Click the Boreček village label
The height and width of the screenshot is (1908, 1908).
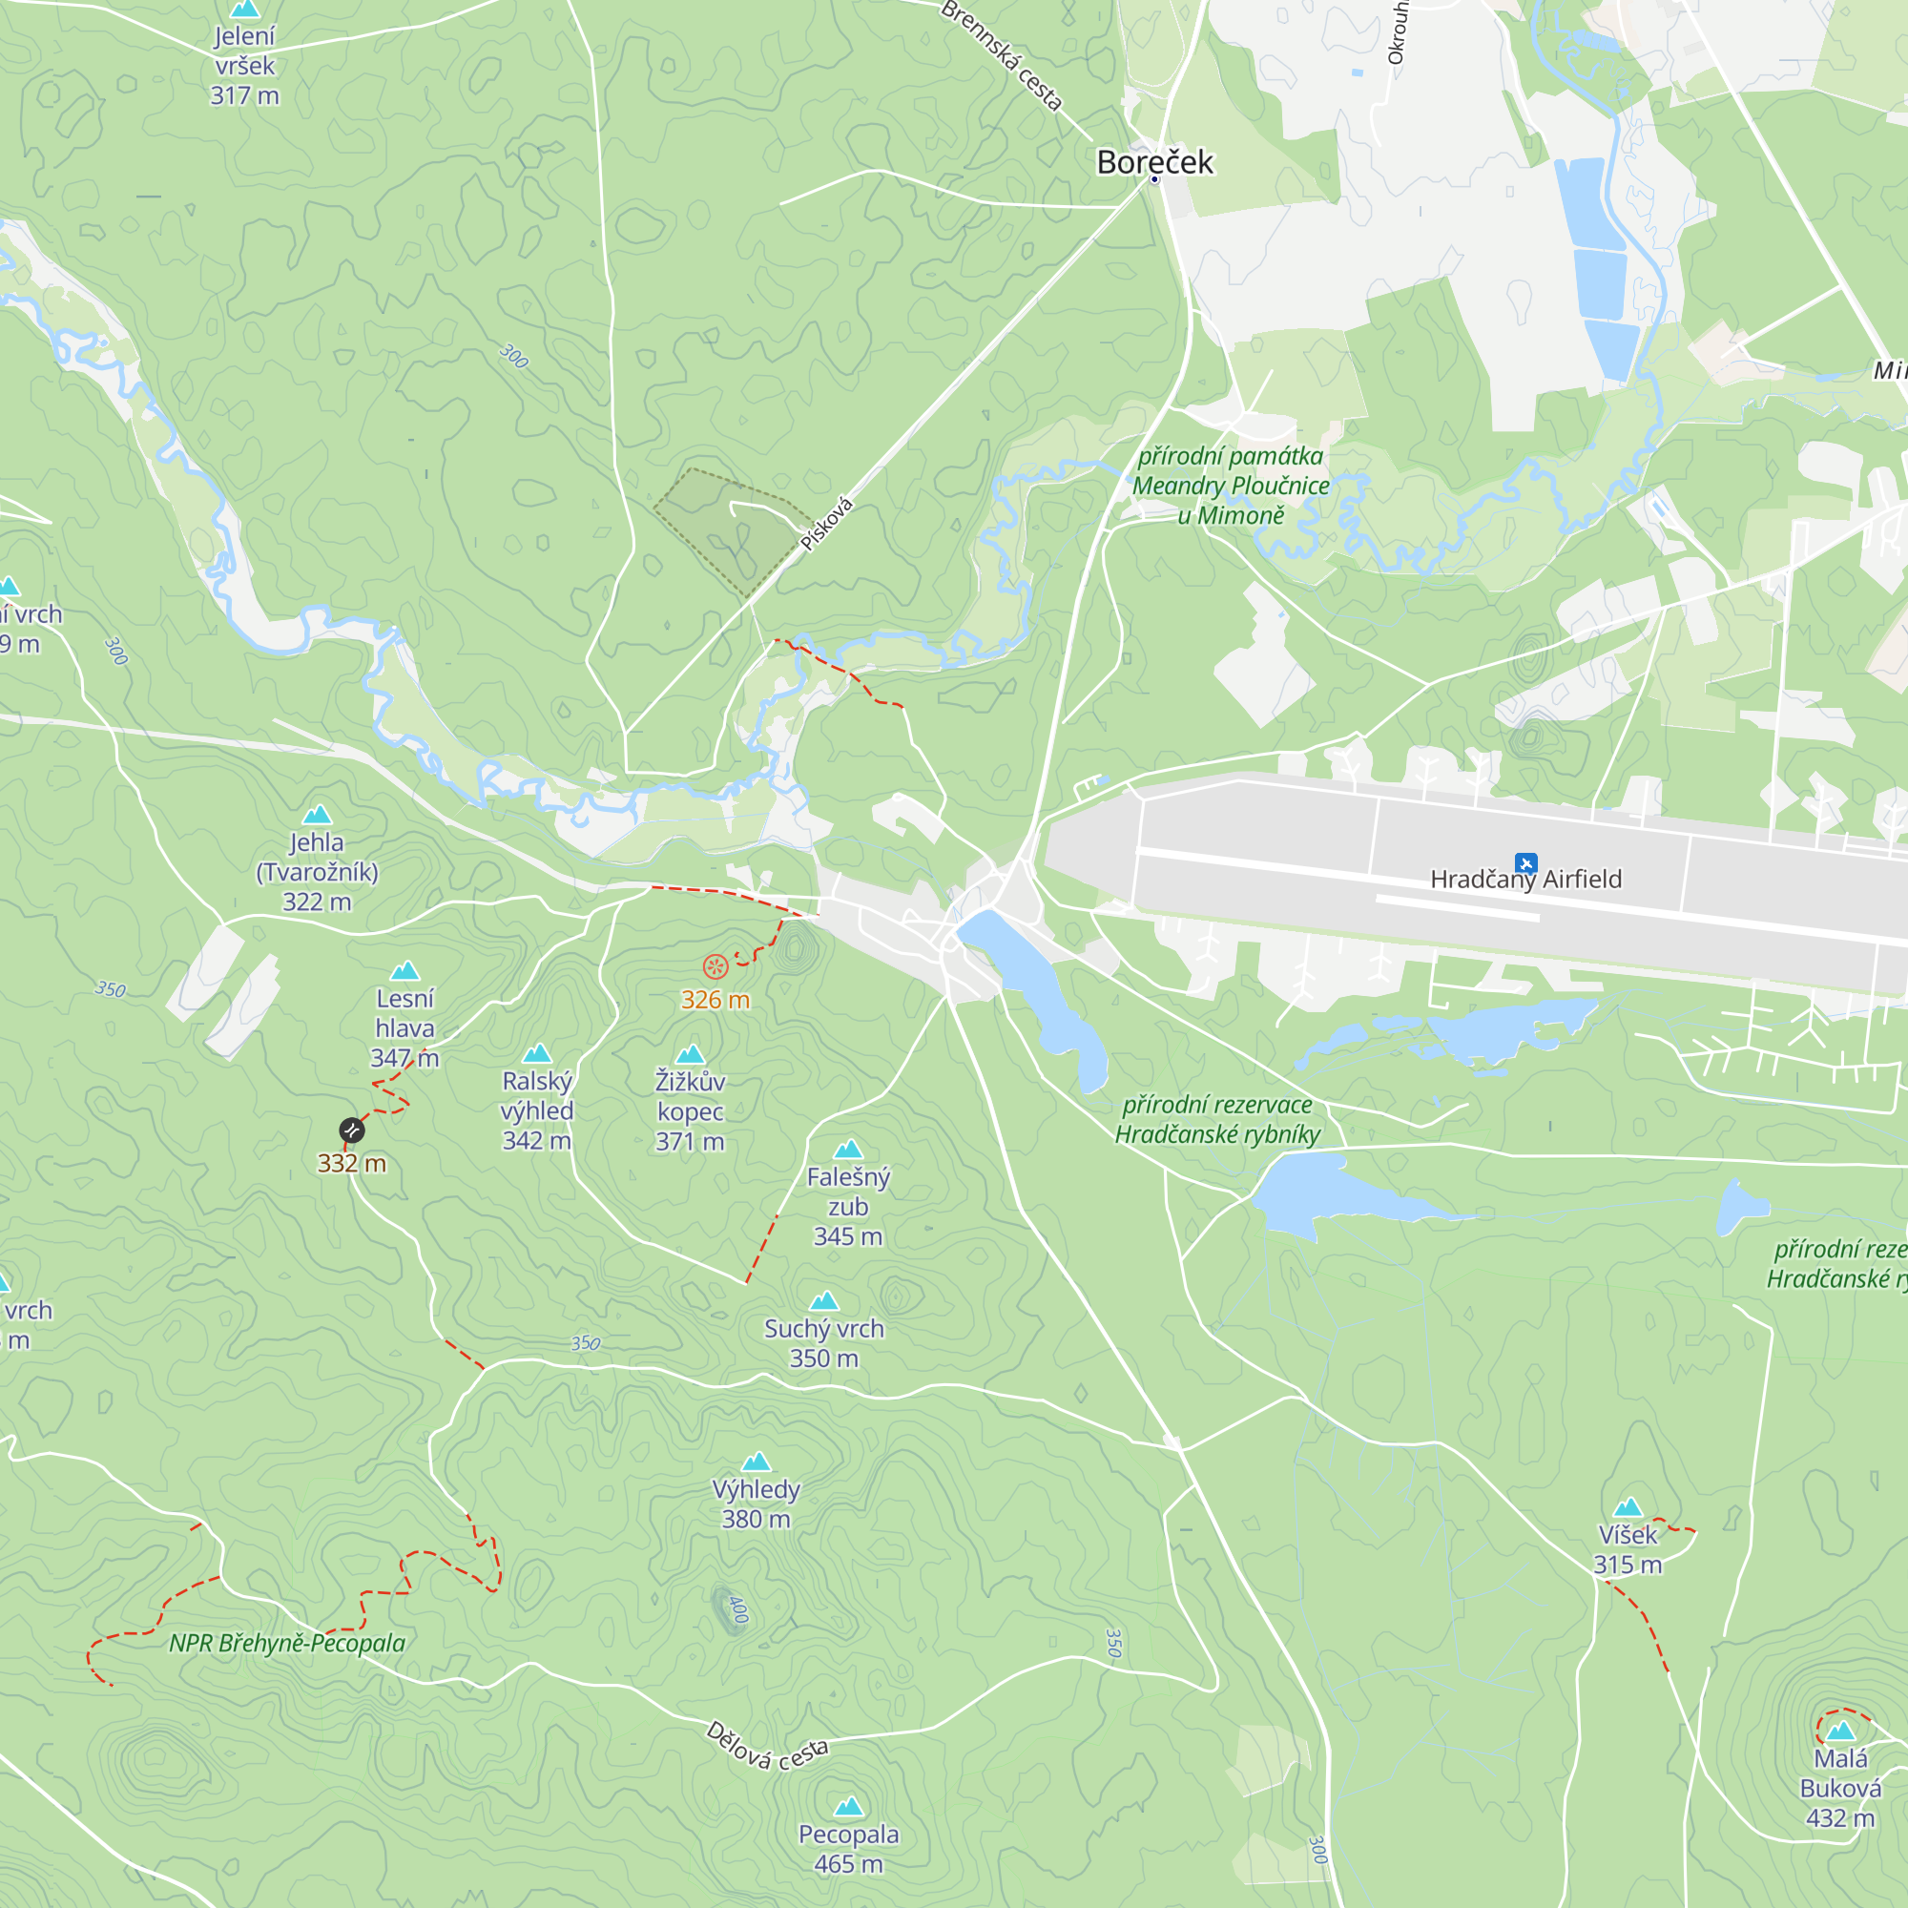(x=1154, y=162)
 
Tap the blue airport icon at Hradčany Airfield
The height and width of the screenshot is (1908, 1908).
(x=1525, y=862)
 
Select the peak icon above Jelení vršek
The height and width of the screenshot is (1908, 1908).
(x=244, y=9)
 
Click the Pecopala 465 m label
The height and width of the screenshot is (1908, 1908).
(x=848, y=1849)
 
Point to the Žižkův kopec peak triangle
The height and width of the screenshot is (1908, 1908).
(x=691, y=1055)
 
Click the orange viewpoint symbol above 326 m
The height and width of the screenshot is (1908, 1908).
(x=715, y=966)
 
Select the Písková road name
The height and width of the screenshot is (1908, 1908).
(x=826, y=525)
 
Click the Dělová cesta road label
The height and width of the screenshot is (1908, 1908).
(x=767, y=1746)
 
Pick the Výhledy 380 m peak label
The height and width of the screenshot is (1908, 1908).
(x=756, y=1504)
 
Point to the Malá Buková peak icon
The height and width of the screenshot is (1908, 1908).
(x=1840, y=1732)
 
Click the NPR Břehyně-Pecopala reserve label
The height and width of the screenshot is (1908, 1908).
(x=287, y=1644)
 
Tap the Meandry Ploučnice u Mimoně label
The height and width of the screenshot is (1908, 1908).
(x=1231, y=486)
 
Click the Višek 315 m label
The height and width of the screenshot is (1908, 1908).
(x=1628, y=1549)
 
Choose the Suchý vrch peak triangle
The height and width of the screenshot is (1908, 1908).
(x=823, y=1301)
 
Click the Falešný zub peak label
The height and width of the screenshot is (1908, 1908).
(x=848, y=1206)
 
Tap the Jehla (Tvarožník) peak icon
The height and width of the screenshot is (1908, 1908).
(x=317, y=815)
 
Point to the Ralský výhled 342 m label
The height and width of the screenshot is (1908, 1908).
(x=536, y=1111)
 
